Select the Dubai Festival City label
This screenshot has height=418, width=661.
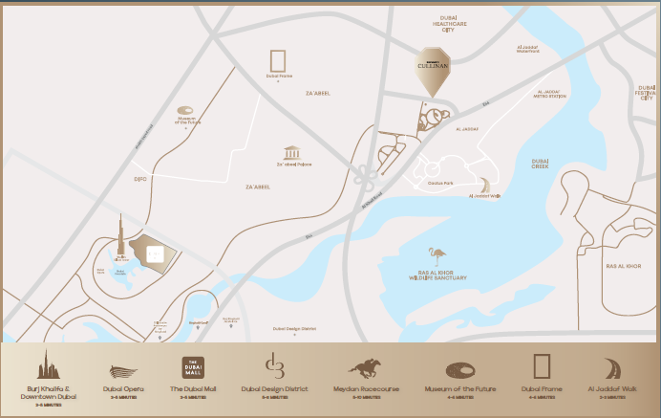(648, 92)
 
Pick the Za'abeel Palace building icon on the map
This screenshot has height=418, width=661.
(292, 153)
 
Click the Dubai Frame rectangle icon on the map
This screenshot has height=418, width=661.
(279, 59)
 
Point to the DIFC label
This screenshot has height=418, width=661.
(139, 179)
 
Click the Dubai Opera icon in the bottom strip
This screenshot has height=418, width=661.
(125, 372)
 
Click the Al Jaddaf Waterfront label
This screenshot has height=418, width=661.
(528, 49)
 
